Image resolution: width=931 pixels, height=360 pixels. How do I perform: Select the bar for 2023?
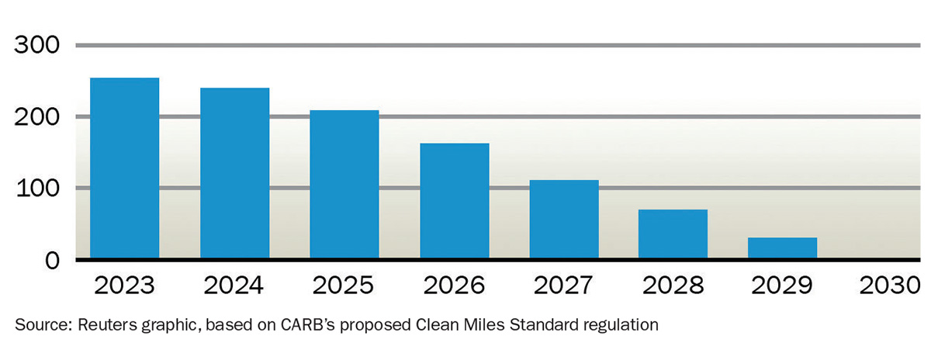[x=125, y=168]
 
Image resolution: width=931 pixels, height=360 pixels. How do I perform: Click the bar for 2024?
[x=234, y=173]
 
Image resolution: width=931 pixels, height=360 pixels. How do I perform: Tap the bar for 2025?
[x=344, y=185]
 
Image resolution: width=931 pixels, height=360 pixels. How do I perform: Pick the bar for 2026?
[x=454, y=201]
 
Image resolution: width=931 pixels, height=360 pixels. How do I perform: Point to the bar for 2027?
[x=564, y=220]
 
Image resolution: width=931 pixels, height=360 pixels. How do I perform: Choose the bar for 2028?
[x=673, y=234]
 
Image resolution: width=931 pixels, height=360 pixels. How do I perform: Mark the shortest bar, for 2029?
[x=782, y=248]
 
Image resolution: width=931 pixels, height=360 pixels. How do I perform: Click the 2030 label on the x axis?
[x=891, y=286]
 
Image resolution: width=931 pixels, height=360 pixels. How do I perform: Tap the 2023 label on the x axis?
[x=125, y=286]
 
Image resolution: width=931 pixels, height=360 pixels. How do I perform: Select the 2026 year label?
[x=454, y=286]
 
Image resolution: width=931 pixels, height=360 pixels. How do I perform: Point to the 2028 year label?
[x=673, y=286]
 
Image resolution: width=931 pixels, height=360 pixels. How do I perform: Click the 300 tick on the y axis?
[x=37, y=46]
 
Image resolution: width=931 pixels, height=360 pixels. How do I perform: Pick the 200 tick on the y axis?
[x=37, y=117]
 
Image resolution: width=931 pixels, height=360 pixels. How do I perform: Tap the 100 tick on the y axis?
[x=37, y=189]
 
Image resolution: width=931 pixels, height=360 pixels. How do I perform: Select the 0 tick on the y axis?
[x=51, y=260]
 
